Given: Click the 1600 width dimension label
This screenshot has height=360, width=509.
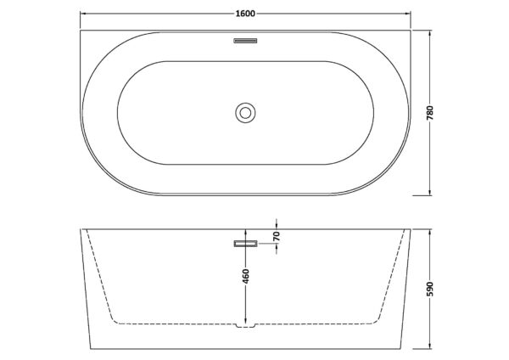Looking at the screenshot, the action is point(245,14).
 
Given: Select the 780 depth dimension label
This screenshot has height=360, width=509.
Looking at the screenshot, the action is point(430,113).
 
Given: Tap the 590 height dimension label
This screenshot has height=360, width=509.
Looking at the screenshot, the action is point(430,289).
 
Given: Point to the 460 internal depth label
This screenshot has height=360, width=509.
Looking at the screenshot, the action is point(246,276).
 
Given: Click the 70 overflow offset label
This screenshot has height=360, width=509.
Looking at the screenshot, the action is point(277,236).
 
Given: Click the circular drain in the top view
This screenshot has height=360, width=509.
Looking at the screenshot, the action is point(245,113).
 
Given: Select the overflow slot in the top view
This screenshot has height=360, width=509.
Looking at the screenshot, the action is point(245,41).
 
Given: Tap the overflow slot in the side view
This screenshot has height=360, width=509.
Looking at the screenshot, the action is point(245,244).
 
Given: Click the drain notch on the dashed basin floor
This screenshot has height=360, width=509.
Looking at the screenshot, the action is point(245,325).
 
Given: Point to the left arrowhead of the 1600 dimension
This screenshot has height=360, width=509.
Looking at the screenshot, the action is point(83,14).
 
